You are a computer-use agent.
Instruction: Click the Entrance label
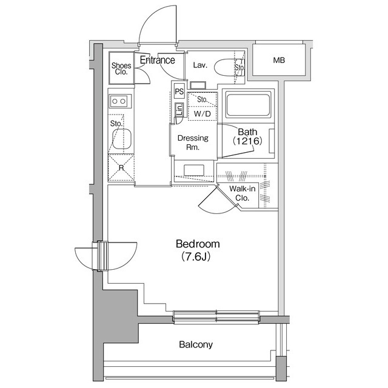pos(158,60)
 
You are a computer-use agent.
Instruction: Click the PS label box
pos(179,91)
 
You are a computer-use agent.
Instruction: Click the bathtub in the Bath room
pos(249,105)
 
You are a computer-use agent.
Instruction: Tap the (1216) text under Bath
pos(247,141)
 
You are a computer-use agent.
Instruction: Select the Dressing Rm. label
pos(192,142)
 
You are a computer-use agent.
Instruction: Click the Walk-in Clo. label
pos(241,193)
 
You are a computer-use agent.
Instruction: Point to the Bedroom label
pos(198,244)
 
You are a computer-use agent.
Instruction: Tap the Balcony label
pos(196,345)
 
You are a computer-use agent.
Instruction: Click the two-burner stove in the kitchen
pos(119,101)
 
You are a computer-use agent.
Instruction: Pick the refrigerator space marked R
pos(121,168)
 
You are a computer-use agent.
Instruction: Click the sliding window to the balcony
pos(216,315)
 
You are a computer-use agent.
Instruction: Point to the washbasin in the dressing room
pos(194,168)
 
